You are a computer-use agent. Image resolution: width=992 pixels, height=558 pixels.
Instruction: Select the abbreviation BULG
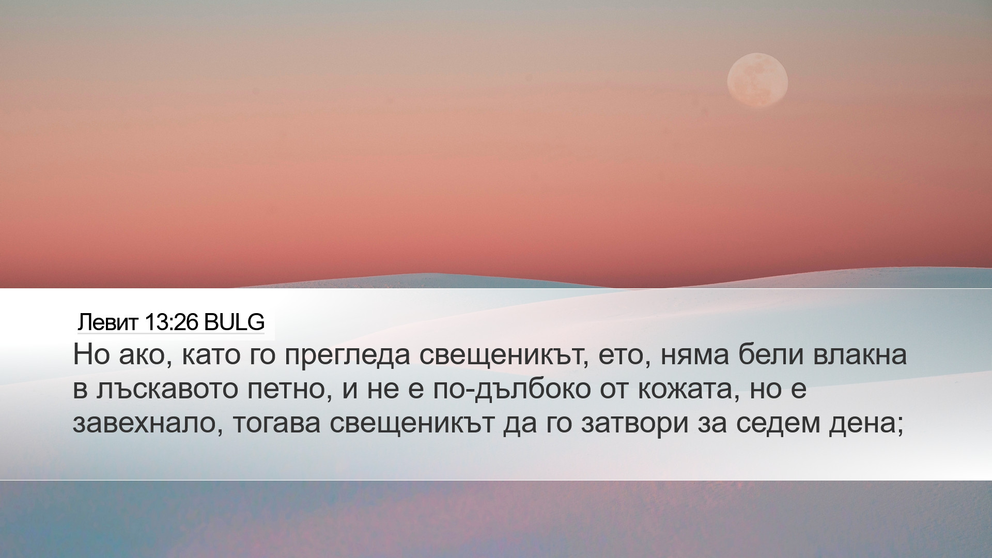tap(234, 322)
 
